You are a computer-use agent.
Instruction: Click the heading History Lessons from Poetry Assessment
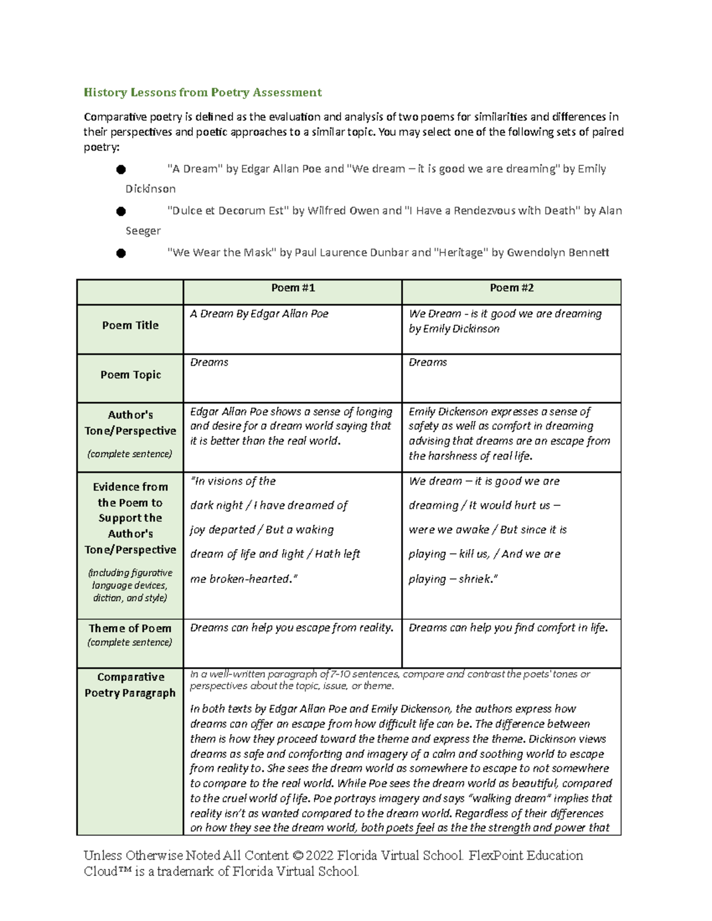point(202,92)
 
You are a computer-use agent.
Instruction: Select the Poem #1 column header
point(293,288)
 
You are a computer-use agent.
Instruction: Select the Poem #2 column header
point(511,288)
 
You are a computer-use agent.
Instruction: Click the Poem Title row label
point(130,325)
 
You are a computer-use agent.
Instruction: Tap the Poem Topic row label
point(131,375)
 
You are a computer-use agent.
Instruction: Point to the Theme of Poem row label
point(130,628)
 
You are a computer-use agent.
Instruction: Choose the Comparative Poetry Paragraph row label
point(130,685)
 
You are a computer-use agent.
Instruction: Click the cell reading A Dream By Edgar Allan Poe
point(259,314)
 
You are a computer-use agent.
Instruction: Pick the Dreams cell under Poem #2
point(428,362)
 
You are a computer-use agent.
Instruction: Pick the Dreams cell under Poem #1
point(209,362)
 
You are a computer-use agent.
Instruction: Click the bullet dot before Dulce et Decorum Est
point(121,211)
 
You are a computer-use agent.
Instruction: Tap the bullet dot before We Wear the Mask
point(121,253)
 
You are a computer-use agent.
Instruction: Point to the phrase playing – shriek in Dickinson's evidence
point(453,579)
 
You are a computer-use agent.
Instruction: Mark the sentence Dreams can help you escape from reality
point(291,627)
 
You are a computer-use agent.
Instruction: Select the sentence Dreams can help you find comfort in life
point(508,627)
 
